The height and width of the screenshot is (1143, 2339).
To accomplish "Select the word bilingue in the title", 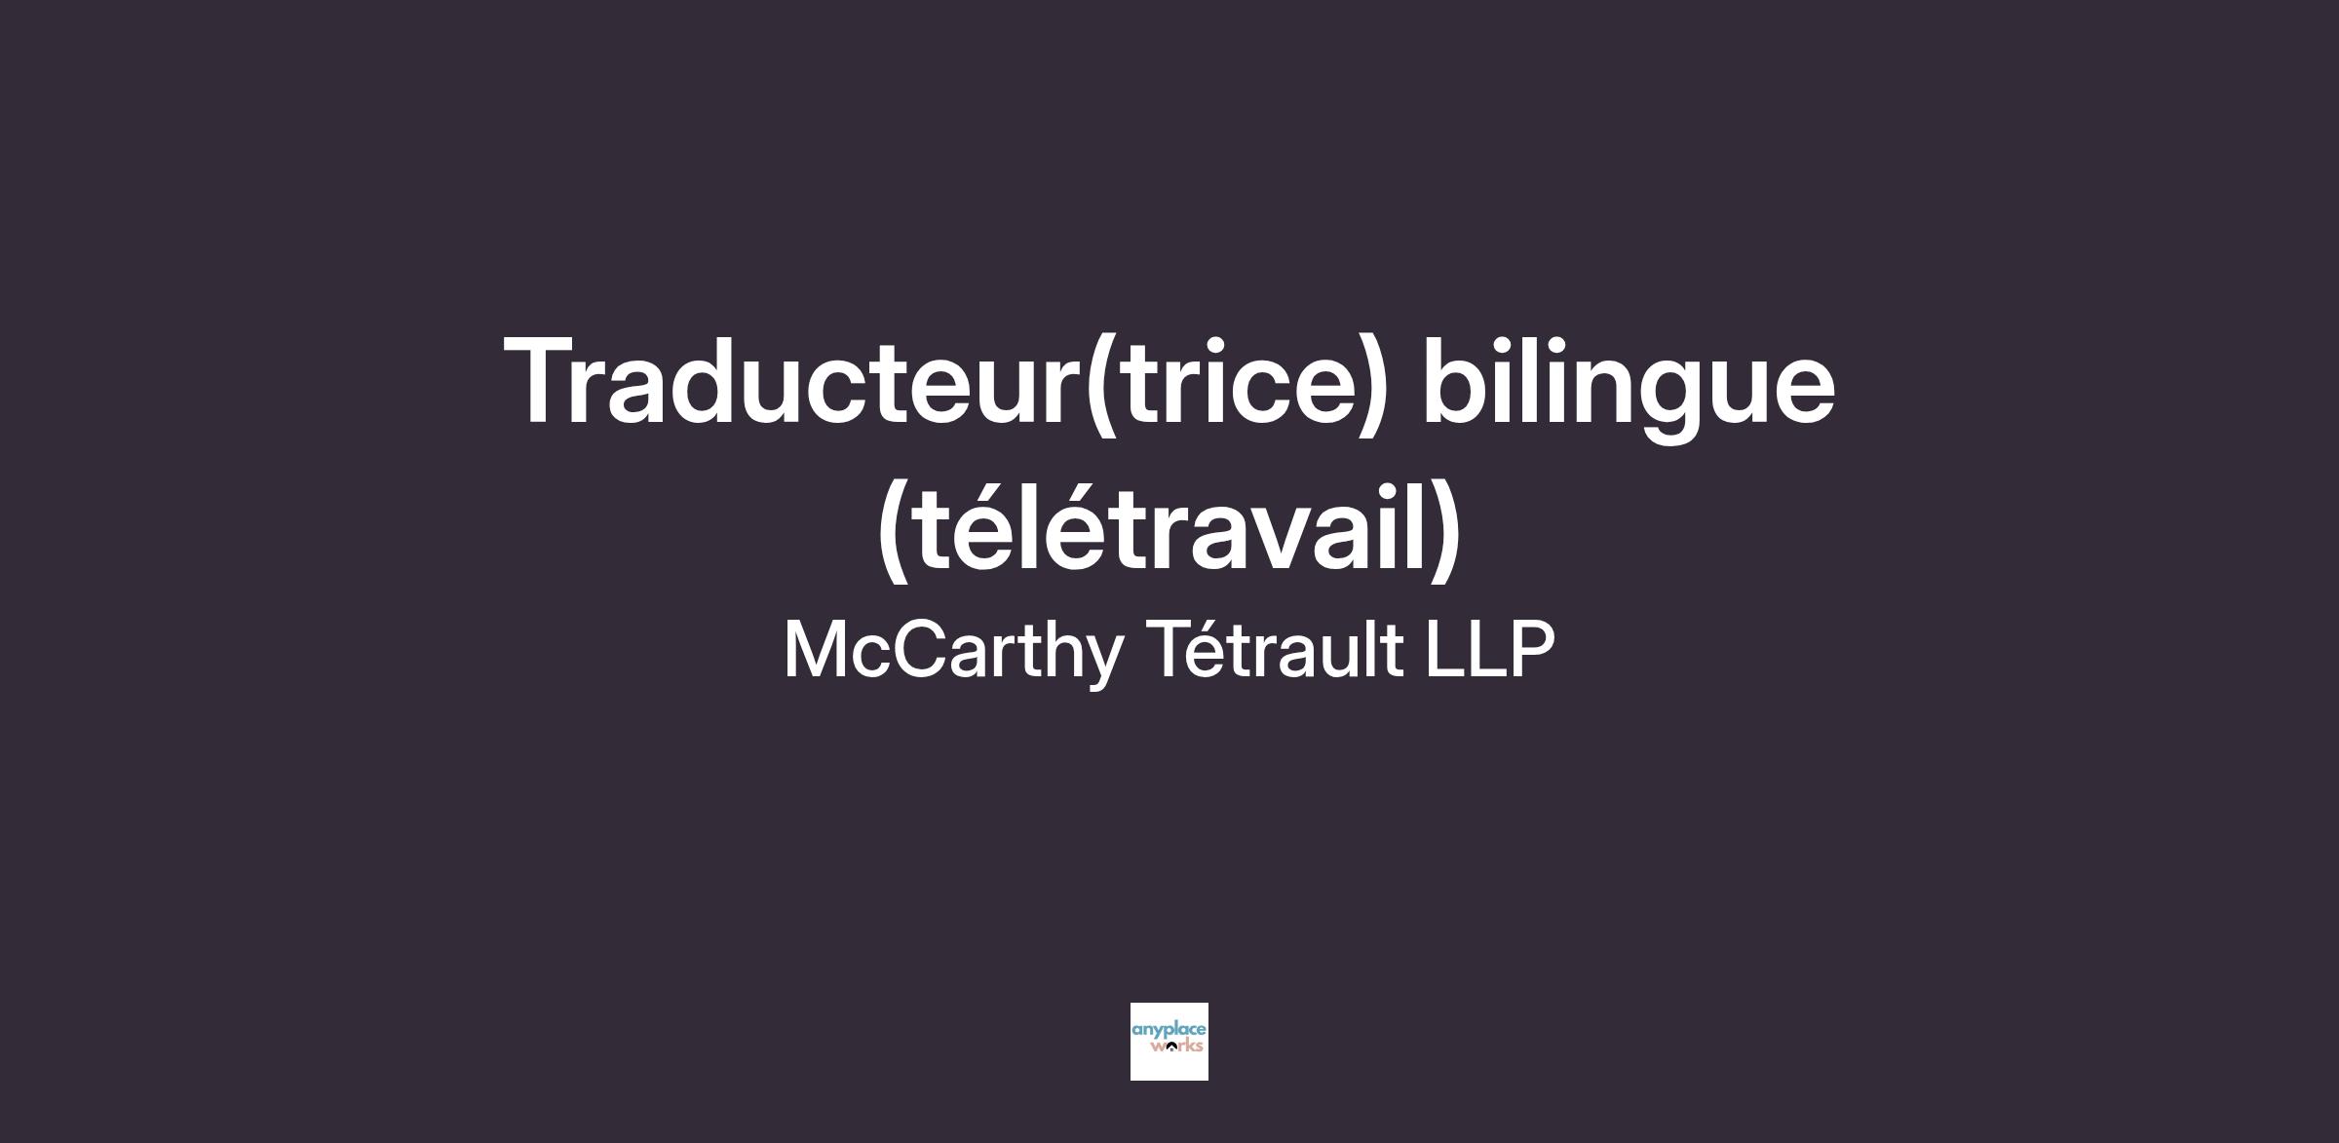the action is [1630, 388].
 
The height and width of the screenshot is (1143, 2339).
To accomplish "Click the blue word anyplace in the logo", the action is [1169, 1029].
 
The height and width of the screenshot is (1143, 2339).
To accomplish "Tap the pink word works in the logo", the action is [1176, 1047].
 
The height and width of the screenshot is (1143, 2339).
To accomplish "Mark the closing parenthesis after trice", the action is [1369, 386].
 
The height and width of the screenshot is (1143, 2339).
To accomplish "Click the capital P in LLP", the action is [1531, 649].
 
